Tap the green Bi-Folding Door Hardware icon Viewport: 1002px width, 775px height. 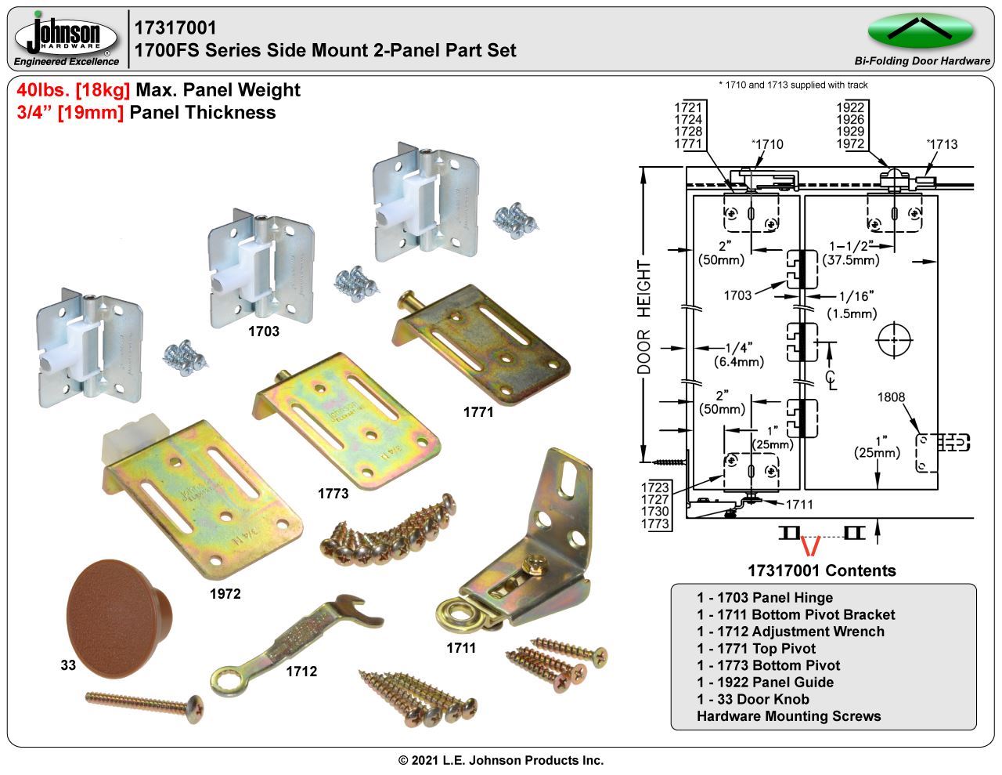[x=920, y=31]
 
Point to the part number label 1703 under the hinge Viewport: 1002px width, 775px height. [x=263, y=331]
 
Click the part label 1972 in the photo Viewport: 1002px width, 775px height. [x=225, y=594]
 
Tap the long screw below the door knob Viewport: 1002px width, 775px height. [x=144, y=702]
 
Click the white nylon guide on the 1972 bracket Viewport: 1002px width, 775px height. [x=128, y=443]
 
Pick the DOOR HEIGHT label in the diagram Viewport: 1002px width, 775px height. [x=644, y=328]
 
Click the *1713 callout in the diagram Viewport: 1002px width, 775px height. [x=942, y=144]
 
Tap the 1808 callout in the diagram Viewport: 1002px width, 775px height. [x=891, y=397]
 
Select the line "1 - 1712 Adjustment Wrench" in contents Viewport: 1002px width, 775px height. [x=790, y=632]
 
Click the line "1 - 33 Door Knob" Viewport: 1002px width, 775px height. [x=752, y=699]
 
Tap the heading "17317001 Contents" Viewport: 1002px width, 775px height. [x=821, y=570]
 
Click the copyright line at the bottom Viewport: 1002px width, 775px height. [x=501, y=760]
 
